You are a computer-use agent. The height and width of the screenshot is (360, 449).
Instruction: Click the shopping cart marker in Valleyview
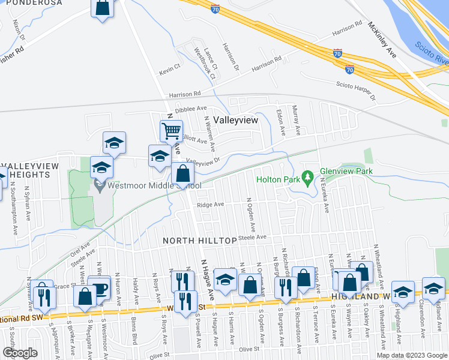tap(171, 130)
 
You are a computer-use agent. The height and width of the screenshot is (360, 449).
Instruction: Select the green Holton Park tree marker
tap(307, 178)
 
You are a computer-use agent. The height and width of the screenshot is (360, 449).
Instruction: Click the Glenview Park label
tap(346, 171)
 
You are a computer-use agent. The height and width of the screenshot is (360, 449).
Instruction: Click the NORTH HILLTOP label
tap(200, 241)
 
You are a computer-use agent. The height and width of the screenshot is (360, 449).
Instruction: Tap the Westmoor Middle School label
tap(148, 185)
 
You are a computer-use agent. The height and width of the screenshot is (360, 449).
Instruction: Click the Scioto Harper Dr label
tap(355, 91)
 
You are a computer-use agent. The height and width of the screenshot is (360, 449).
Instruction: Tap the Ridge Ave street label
tap(211, 205)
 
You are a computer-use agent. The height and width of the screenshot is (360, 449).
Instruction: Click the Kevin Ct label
tap(170, 70)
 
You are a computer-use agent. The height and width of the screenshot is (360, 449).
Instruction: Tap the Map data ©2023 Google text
tap(412, 355)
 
